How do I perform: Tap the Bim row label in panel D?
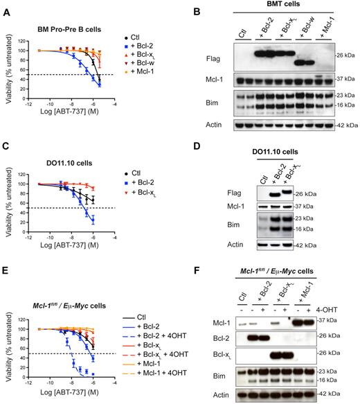point(244,225)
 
